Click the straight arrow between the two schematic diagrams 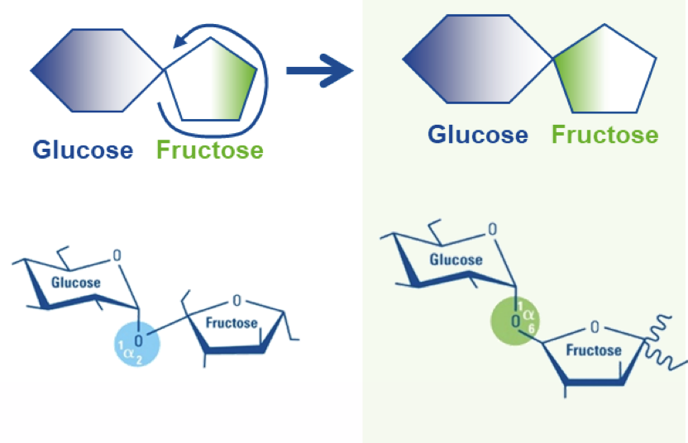pos(319,70)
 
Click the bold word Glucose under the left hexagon pos(83,150)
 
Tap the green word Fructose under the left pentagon pos(209,150)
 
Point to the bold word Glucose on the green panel pos(477,135)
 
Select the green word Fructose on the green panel pos(605,135)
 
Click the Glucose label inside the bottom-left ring pos(76,282)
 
